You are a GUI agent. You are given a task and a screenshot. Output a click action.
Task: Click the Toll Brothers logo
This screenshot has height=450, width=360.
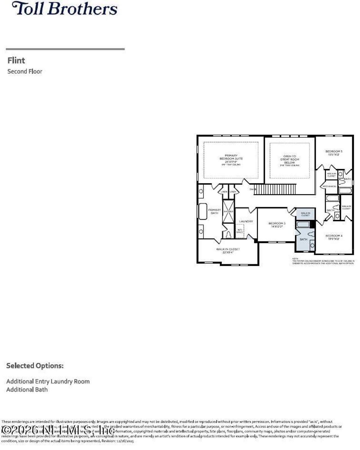pos(65,8)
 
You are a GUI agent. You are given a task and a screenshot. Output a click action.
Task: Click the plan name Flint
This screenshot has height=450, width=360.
pos(16,60)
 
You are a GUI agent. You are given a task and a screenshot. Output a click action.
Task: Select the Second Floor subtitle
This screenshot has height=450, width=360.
pos(25,71)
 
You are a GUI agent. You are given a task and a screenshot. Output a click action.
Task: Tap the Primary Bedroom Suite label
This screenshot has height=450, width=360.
pos(231,159)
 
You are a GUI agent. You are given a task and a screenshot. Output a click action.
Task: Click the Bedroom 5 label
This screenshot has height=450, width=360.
pos(334,153)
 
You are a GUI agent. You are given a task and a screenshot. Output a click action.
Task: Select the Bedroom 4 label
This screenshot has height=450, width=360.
pos(334,237)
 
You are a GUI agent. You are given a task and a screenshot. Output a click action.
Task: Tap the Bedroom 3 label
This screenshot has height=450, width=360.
pos(277,225)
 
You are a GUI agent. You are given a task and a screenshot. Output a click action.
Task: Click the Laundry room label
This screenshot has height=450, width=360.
pos(246,221)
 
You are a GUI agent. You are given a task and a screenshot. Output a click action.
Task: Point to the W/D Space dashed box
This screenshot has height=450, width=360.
pos(239,231)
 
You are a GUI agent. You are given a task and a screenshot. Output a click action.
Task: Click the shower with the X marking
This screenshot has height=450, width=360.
pos(228,211)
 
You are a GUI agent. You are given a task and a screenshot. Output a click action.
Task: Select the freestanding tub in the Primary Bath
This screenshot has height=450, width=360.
pos(203,211)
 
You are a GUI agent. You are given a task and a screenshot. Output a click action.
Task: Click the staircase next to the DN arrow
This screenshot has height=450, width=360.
pos(275,189)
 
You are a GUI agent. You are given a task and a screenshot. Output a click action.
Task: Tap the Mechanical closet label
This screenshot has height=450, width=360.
pos(329,186)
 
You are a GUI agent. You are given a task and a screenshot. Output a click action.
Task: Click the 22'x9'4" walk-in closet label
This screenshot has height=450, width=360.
pos(228,251)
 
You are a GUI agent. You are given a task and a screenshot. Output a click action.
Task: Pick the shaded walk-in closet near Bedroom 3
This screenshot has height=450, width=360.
pos(305,214)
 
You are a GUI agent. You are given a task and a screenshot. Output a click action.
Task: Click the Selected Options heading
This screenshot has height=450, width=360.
pos(35,366)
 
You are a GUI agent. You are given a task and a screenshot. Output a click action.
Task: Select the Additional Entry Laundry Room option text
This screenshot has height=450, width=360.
pos(48,381)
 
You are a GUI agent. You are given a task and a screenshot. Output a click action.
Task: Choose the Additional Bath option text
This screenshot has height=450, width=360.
pos(27,390)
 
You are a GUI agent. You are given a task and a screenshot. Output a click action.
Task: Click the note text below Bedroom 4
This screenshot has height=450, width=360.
pos(323,262)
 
